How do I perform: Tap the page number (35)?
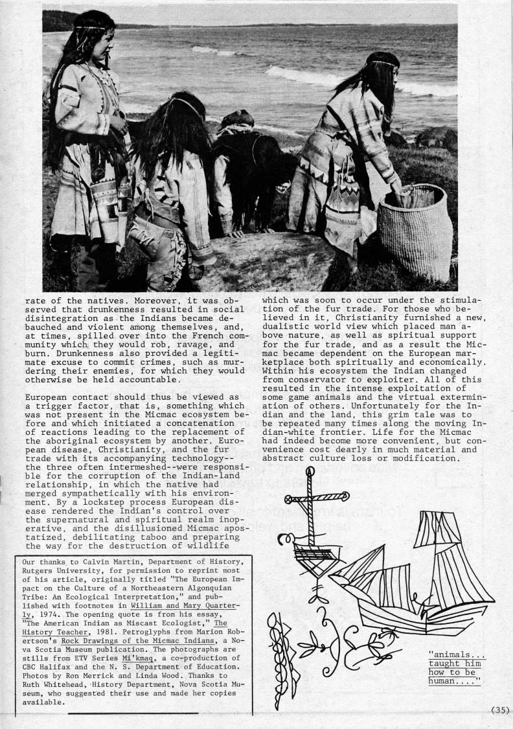point(500,710)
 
